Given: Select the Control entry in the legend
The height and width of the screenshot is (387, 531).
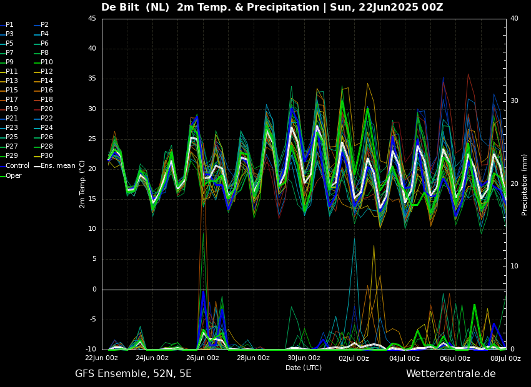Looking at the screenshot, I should pyautogui.click(x=17, y=166).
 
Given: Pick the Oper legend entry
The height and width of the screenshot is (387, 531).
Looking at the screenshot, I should pyautogui.click(x=14, y=175).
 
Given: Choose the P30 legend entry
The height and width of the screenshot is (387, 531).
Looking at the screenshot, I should pyautogui.click(x=47, y=156).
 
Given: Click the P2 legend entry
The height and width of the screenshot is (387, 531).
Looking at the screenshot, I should pyautogui.click(x=44, y=25).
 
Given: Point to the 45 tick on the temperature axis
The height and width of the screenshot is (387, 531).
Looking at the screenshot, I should pyautogui.click(x=92, y=19).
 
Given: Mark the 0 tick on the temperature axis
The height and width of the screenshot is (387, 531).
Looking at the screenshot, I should pyautogui.click(x=94, y=290).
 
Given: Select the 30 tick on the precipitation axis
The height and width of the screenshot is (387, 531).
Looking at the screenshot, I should pyautogui.click(x=514, y=100).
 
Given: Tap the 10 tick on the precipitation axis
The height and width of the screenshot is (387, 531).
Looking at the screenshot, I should pyautogui.click(x=514, y=267).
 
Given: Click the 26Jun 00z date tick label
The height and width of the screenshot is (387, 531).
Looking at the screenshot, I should pyautogui.click(x=202, y=358).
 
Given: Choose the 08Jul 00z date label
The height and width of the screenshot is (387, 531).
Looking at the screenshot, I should pyautogui.click(x=505, y=358).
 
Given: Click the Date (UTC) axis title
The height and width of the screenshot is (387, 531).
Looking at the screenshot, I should pyautogui.click(x=304, y=368).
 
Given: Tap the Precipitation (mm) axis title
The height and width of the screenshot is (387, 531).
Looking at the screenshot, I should pyautogui.click(x=525, y=185).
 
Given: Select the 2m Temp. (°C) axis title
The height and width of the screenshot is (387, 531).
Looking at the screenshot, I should pyautogui.click(x=82, y=184).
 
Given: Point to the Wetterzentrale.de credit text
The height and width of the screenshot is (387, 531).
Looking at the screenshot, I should pyautogui.click(x=450, y=374).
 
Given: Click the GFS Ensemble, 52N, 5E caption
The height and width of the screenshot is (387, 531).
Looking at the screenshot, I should pyautogui.click(x=133, y=374).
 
